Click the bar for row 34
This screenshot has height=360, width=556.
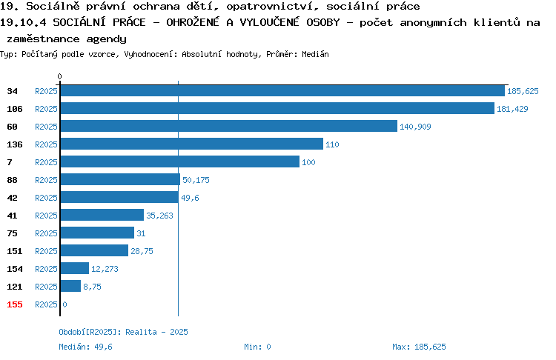282,90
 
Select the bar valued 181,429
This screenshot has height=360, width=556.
277,108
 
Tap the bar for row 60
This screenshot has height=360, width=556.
229,126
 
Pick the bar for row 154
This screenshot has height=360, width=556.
74,268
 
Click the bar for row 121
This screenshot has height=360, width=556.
70,286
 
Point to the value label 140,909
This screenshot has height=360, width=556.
415,127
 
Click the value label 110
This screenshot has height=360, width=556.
332,144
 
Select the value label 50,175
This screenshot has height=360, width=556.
196,180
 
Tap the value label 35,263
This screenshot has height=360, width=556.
159,216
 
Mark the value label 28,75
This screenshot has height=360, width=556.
142,251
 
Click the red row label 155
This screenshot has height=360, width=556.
15,304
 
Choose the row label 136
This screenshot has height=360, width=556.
15,144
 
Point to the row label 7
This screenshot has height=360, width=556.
10,162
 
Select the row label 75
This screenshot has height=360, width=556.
12,233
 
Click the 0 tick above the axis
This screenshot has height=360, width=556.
59,76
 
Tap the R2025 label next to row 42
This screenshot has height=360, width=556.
46,198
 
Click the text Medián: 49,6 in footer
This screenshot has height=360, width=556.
85,347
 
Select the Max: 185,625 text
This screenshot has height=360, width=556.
419,347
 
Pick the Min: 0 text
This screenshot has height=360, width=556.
257,347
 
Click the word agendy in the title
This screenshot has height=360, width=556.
106,39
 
